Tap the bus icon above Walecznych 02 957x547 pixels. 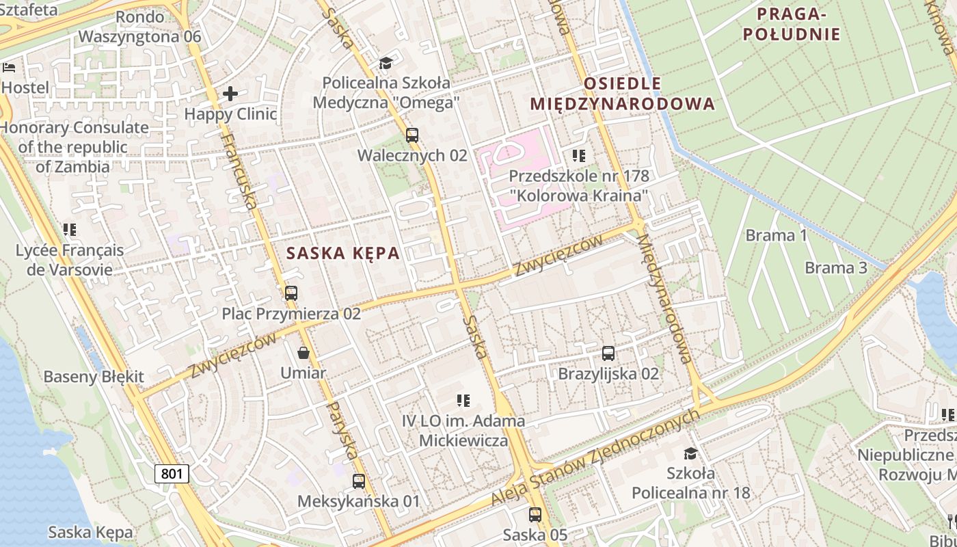[412, 135]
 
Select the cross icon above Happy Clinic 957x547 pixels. [230, 93]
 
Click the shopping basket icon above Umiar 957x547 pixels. [304, 353]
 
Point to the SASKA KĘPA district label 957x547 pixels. [342, 253]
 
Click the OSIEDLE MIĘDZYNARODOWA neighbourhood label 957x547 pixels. [622, 94]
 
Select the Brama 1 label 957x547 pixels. [776, 236]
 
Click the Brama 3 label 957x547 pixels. [835, 267]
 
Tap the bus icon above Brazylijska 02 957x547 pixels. [608, 353]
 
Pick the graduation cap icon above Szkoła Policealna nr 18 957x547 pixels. [690, 453]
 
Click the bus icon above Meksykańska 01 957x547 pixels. [358, 481]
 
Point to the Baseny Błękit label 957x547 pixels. [94, 377]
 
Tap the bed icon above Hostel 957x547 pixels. [9, 67]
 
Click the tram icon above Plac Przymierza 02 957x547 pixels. [291, 293]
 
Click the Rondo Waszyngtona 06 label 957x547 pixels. [140, 27]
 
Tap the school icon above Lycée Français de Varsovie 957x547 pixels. [69, 230]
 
